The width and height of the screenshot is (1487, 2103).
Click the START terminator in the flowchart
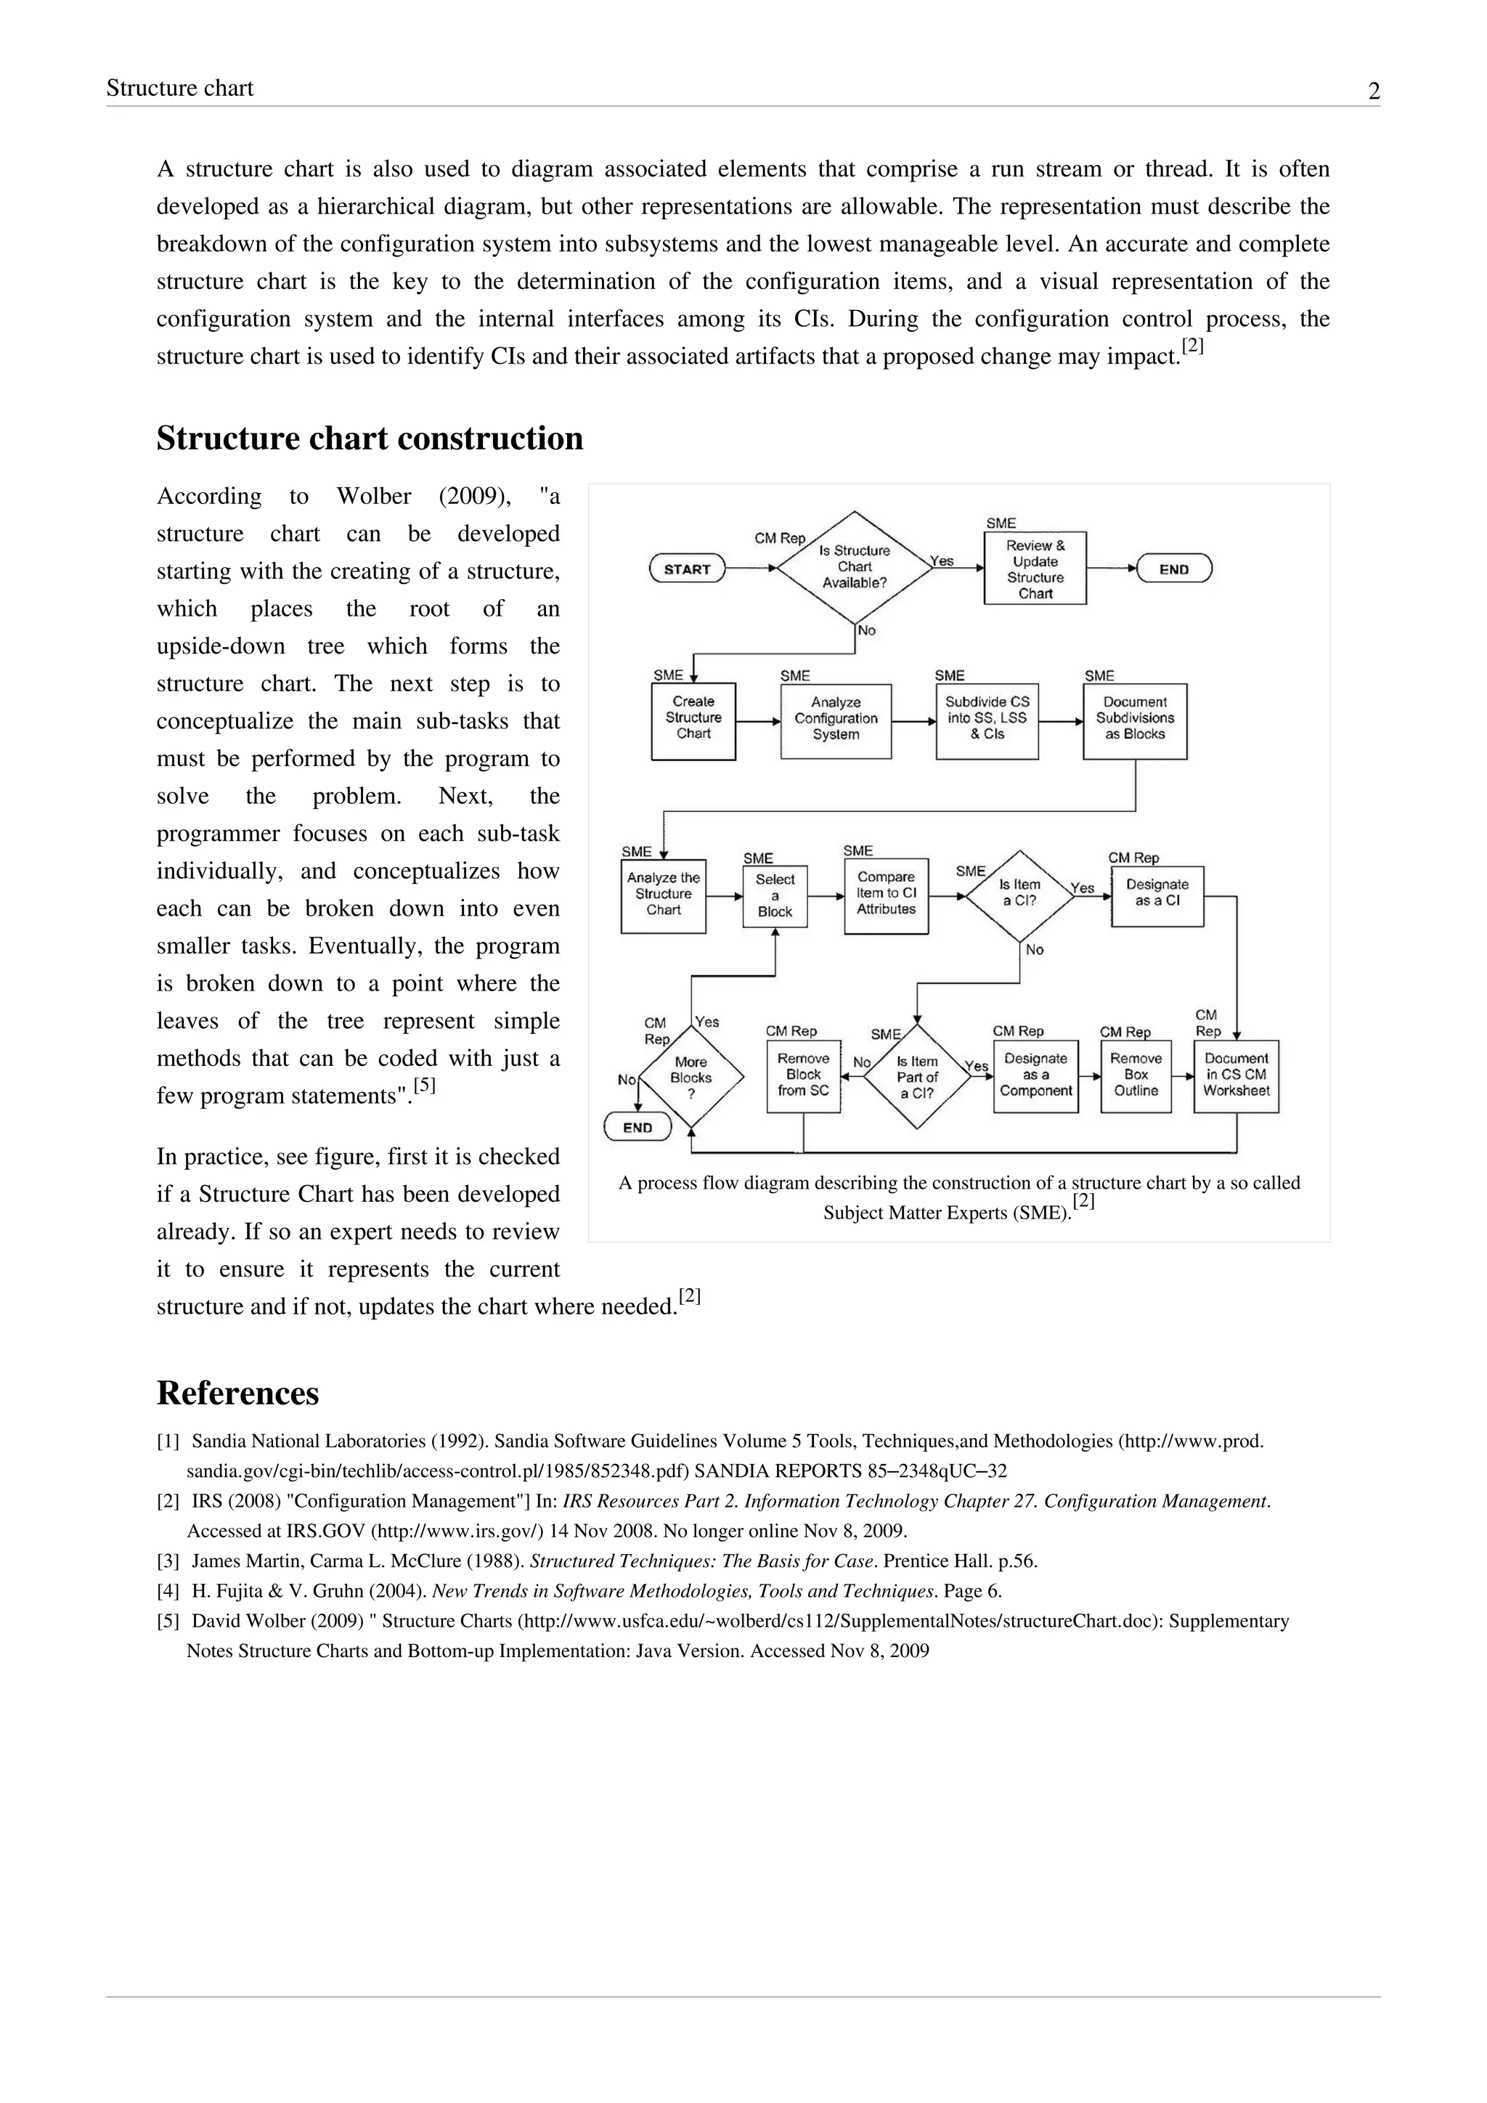[x=687, y=569]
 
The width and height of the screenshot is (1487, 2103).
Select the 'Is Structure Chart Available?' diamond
[x=855, y=567]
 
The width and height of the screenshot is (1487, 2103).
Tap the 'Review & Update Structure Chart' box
[x=1035, y=569]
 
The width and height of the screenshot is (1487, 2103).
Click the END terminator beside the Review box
[x=1174, y=569]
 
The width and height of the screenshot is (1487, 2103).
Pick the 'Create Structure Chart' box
[x=693, y=720]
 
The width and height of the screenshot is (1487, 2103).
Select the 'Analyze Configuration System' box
[x=835, y=720]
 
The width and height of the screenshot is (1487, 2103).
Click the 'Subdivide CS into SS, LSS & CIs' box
[x=987, y=720]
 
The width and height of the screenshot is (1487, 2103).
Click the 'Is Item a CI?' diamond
[x=1019, y=895]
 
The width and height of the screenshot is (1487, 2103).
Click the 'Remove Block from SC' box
[x=803, y=1075]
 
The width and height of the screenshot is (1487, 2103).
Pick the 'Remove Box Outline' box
[x=1136, y=1075]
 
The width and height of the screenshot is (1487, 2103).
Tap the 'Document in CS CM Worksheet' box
[x=1236, y=1075]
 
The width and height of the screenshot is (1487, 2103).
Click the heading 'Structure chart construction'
[x=370, y=439]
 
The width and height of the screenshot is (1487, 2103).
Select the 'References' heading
[x=238, y=1393]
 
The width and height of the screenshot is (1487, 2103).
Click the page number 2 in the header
[x=1374, y=91]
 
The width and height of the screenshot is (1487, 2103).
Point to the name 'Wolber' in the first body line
[x=374, y=497]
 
